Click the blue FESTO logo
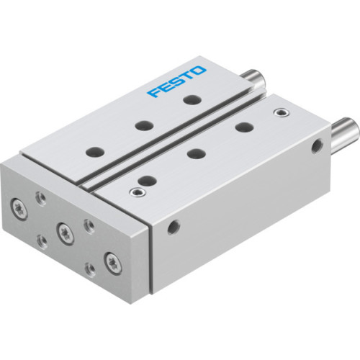click(x=177, y=82)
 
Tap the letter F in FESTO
click(x=152, y=94)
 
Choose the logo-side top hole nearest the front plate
click(x=93, y=152)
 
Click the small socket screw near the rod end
click(x=279, y=112)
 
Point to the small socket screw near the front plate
click(x=132, y=192)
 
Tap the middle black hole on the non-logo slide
click(x=193, y=153)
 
